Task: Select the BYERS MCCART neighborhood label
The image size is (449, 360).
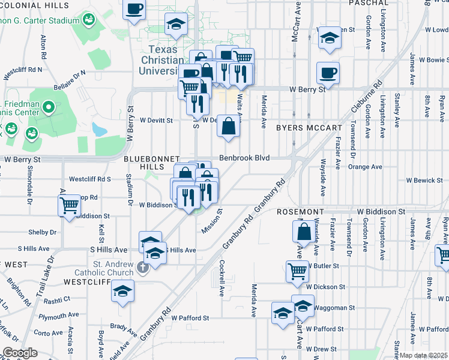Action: coord(309,128)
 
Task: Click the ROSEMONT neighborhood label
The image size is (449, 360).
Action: coord(300,212)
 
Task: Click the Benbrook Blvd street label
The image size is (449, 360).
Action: coord(244,158)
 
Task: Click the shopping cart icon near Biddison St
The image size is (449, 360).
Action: coord(69,205)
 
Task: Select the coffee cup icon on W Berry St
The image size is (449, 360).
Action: coord(328,73)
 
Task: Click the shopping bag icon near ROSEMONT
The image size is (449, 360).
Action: coord(304,230)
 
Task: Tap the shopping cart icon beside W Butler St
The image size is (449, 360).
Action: coord(297,271)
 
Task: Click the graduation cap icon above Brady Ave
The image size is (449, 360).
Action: coord(123,291)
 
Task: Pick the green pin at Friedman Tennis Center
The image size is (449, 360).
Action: coord(50,109)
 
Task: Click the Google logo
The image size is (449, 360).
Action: coord(19,353)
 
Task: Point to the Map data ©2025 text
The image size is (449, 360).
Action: coord(424,355)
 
